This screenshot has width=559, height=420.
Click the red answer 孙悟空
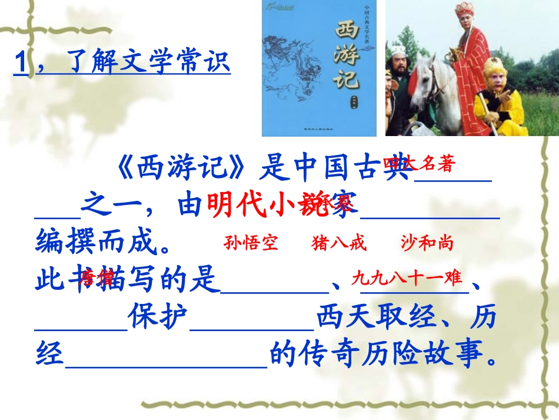click(251, 243)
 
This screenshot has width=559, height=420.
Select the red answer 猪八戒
click(340, 243)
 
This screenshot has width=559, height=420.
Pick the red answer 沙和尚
click(427, 243)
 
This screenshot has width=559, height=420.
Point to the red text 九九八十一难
click(407, 278)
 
